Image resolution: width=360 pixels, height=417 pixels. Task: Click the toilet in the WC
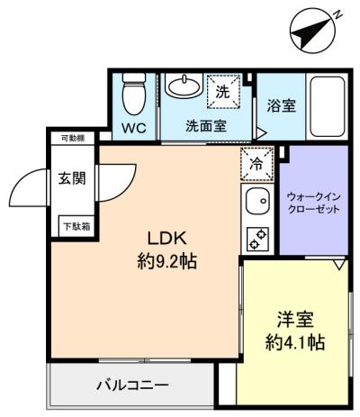134,94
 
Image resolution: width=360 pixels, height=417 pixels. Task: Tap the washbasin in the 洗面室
184,86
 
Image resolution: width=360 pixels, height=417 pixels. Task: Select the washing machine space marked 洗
223,91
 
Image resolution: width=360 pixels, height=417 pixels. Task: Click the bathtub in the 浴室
327,106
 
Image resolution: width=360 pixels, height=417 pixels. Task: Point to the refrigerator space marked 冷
257,164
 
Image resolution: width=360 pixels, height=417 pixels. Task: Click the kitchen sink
257,201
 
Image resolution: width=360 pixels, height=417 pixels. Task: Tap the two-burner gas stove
257,239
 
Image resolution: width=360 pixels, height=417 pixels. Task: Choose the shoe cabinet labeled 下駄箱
76,226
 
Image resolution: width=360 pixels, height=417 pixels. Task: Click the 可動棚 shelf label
73,139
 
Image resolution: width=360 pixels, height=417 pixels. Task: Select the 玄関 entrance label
72,178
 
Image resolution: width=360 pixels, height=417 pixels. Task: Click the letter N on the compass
338,14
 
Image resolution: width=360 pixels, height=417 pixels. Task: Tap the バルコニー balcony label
132,385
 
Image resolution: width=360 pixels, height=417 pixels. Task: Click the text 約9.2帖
167,261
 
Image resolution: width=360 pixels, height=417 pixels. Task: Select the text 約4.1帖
295,342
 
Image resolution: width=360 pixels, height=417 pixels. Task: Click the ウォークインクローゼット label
313,203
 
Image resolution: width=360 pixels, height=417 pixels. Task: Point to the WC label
134,128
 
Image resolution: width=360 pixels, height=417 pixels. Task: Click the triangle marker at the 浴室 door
261,133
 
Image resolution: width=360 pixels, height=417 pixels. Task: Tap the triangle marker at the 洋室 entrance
339,265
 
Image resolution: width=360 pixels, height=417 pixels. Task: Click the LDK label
167,238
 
